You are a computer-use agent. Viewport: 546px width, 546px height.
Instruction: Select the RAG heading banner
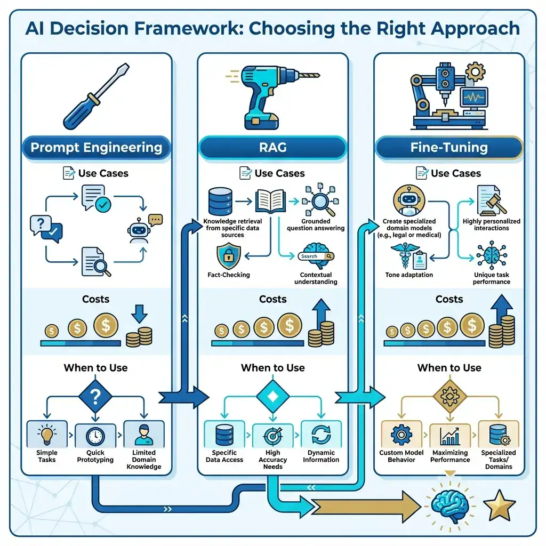point(272,148)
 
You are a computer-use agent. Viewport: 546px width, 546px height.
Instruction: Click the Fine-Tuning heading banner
point(449,148)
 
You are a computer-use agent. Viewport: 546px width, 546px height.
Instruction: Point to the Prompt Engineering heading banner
point(97,148)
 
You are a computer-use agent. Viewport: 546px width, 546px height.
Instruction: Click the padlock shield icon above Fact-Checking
point(228,256)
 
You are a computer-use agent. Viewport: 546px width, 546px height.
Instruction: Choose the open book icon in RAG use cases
point(271,203)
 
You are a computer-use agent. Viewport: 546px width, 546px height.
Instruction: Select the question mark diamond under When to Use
point(95,396)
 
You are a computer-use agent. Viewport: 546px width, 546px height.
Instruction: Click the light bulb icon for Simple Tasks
point(47,434)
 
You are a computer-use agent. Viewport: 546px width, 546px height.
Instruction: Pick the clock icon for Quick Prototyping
point(95,435)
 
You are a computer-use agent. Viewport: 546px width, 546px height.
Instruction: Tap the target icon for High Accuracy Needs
point(272,436)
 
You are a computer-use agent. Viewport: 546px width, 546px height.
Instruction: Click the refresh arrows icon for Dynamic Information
point(321,435)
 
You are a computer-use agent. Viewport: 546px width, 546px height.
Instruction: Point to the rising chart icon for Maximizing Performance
point(449,435)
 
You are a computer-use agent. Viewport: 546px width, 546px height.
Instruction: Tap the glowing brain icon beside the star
point(448,504)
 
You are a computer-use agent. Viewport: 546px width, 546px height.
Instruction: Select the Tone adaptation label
point(409,275)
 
